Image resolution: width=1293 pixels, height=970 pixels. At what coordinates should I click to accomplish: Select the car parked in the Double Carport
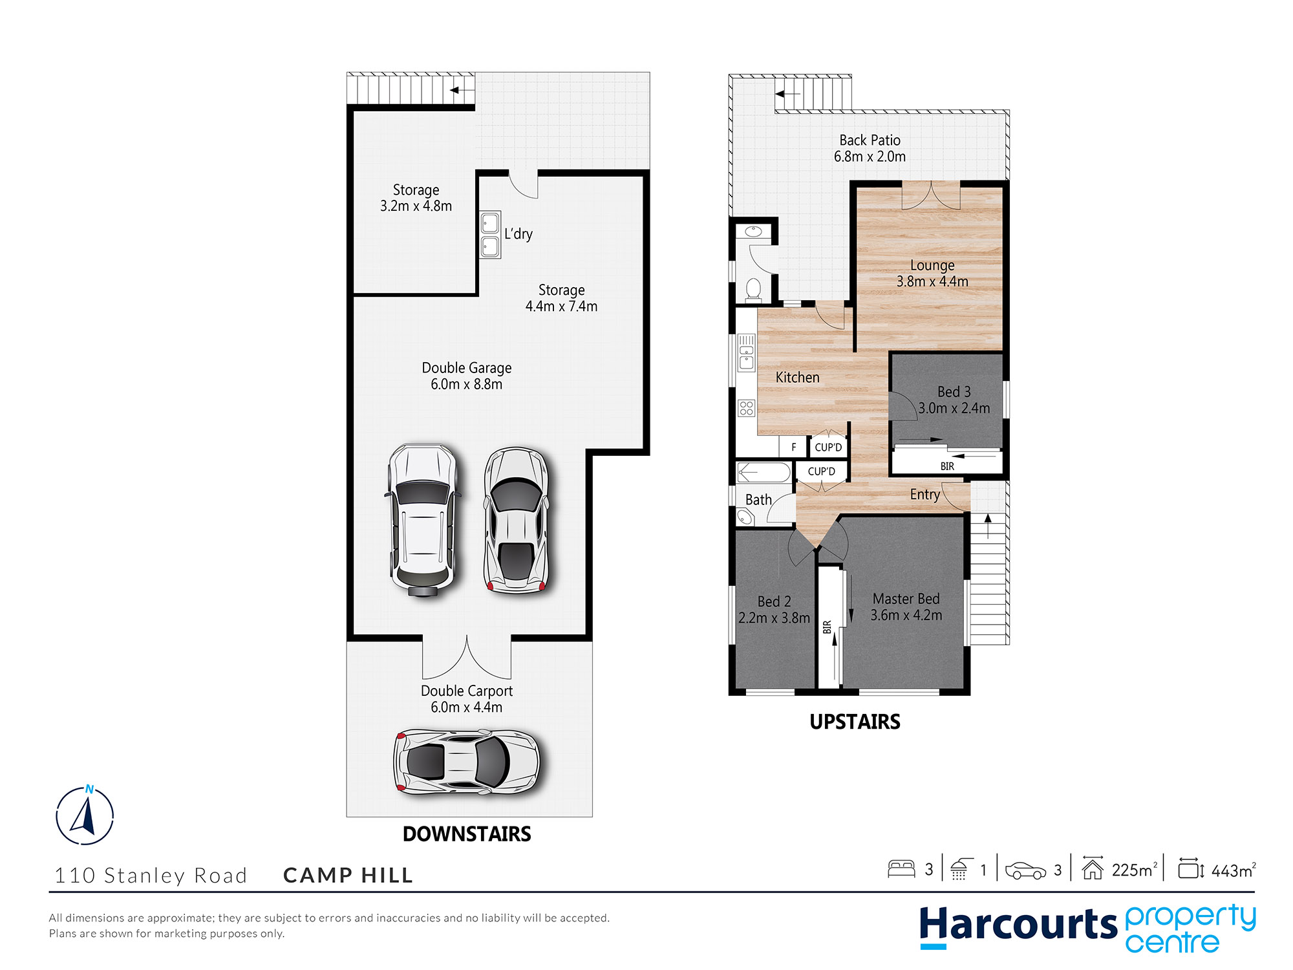(x=466, y=762)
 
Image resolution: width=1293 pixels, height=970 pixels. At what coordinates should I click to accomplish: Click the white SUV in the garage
(x=422, y=519)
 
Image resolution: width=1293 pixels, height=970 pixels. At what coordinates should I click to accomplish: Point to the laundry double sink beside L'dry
(x=490, y=235)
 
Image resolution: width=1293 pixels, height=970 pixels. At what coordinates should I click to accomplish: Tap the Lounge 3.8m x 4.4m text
(x=932, y=274)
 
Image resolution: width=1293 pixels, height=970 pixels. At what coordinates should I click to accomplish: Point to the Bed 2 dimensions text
(x=774, y=618)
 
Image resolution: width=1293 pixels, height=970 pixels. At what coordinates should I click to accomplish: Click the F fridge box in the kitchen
(x=793, y=447)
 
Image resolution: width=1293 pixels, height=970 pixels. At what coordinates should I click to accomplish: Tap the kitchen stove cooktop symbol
(x=747, y=407)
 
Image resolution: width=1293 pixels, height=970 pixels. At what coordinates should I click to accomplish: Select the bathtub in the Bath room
(x=764, y=473)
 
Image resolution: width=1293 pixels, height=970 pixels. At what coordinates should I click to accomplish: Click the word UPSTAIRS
(x=855, y=722)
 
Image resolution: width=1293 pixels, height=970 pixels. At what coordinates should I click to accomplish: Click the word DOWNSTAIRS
(x=467, y=834)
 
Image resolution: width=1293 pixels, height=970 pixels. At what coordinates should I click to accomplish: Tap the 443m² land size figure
(x=1232, y=870)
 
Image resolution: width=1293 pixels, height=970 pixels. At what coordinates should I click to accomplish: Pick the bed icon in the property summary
(x=901, y=868)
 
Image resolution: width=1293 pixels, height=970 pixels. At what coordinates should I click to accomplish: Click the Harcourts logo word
(x=1018, y=925)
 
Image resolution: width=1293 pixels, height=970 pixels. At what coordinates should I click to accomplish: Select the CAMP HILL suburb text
(x=348, y=875)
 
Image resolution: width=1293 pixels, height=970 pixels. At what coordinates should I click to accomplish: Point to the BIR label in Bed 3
(x=947, y=466)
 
